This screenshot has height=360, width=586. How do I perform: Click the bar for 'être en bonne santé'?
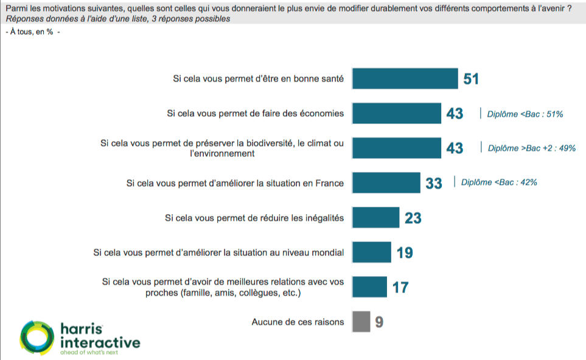(x=405, y=78)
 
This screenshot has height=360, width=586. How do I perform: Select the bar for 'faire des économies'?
(x=397, y=113)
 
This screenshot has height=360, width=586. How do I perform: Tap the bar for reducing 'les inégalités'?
(x=376, y=217)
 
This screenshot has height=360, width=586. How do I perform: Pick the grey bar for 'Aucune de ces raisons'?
(x=361, y=322)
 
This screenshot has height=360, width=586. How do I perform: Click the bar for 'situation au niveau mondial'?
(x=372, y=252)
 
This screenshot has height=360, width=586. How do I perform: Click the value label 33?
(x=434, y=183)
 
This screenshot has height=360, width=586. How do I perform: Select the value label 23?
(x=413, y=218)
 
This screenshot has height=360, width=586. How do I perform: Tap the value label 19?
(x=405, y=252)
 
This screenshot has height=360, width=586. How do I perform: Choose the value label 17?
(x=400, y=287)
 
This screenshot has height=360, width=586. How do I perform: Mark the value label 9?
(x=379, y=322)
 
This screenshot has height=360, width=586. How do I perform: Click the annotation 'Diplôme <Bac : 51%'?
(x=525, y=114)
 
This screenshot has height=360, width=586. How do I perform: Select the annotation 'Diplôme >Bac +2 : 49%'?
(x=531, y=148)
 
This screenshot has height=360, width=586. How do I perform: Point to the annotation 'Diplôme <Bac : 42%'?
(x=499, y=182)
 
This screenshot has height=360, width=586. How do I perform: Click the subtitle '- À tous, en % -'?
(x=32, y=32)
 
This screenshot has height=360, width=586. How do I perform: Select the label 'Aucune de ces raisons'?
(x=298, y=322)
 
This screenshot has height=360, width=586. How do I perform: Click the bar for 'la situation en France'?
(x=386, y=182)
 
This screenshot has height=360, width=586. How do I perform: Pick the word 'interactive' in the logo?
(x=100, y=342)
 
